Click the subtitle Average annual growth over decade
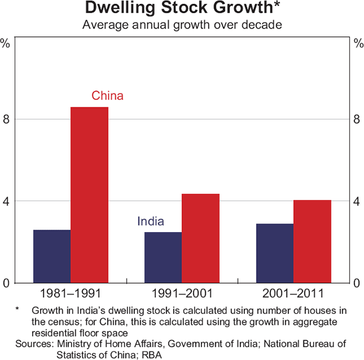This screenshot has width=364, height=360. point(182,25)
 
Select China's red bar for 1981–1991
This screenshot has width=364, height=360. point(89,195)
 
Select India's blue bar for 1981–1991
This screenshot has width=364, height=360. point(52,256)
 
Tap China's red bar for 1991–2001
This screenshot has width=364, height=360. point(201,238)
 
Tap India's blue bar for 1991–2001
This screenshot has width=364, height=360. point(164,257)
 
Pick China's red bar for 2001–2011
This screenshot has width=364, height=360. point(312,241)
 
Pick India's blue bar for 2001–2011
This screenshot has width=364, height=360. point(275,253)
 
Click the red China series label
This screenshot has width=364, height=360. point(107,96)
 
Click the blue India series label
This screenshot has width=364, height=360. point(150,222)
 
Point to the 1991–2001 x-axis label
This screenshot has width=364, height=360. point(182,295)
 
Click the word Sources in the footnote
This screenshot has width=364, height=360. point(33,344)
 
